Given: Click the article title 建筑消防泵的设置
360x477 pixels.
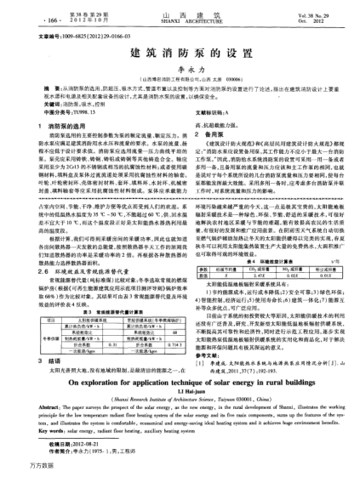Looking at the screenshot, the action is tap(180, 53).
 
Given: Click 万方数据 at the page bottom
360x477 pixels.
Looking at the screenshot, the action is tap(17, 468).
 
